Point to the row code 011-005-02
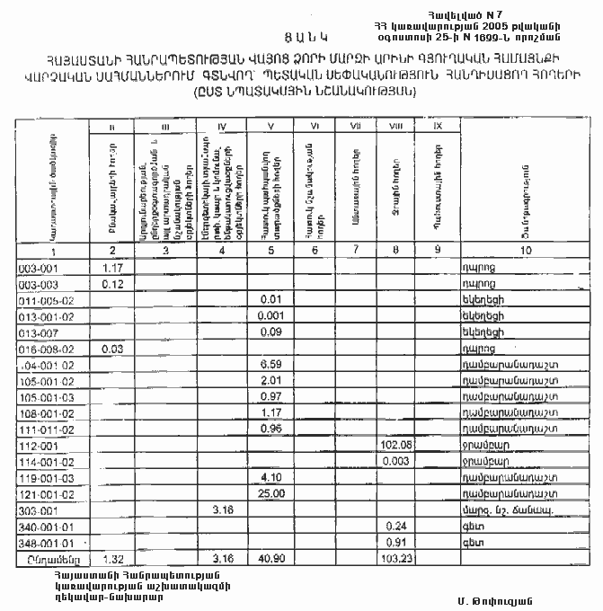tap(45, 299)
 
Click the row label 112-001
tap(36, 445)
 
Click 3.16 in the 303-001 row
tap(222, 509)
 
